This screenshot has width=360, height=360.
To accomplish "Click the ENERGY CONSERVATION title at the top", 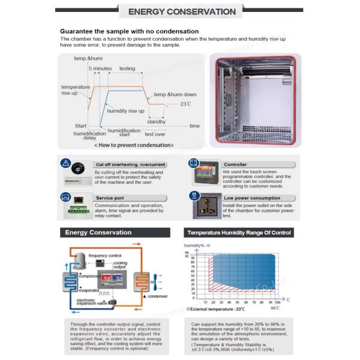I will [x=182, y=11].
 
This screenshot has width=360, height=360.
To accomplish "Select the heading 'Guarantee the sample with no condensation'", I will [x=129, y=31].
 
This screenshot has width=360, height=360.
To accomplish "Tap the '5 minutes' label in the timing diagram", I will [x=100, y=69].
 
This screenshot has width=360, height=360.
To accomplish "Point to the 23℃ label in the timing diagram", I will [x=185, y=104].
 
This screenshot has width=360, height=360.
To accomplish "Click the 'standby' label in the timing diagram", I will [x=156, y=121].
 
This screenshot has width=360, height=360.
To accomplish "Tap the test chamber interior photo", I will [x=257, y=101].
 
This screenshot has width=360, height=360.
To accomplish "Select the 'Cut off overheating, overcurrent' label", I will [x=130, y=164].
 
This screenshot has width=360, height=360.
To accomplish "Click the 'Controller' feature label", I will [x=235, y=164].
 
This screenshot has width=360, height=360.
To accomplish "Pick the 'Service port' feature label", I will [x=110, y=198].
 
